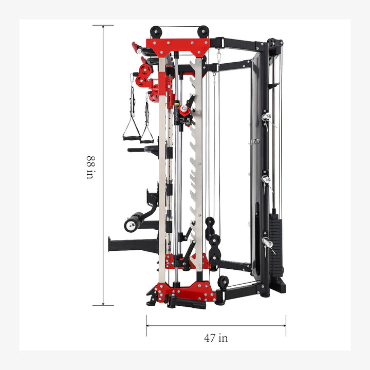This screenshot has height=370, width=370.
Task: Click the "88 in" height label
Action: pos(90,166)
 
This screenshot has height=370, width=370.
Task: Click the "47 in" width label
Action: pos(216,338)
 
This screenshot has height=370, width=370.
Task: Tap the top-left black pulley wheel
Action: pos(156,31)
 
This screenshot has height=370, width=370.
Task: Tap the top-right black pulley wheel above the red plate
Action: pos(203,31)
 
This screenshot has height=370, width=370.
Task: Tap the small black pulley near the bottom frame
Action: pos(223,282)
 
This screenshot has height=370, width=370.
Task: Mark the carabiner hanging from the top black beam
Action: pos(218,55)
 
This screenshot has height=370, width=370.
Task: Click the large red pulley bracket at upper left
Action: pos(144,70)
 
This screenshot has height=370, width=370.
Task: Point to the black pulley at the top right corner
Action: pos(276,44)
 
